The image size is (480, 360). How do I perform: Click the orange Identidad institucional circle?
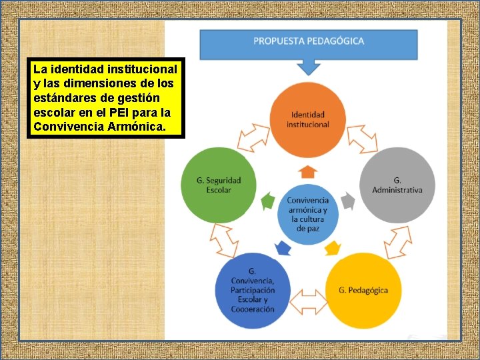[x=307, y=119]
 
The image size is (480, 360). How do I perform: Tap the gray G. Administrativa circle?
[x=397, y=185]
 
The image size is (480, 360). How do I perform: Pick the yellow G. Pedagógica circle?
[x=363, y=290]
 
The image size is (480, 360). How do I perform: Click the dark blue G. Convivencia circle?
[x=253, y=290]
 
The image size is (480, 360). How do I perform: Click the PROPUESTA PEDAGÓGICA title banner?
[x=308, y=42]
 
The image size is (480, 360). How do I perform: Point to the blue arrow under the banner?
[x=308, y=67]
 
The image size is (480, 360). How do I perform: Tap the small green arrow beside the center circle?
[x=268, y=199]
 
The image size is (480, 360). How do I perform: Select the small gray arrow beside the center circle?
[x=347, y=199]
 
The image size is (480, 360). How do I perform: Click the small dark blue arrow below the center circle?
[x=283, y=248]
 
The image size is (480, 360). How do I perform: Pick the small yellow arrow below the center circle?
[x=332, y=248]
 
